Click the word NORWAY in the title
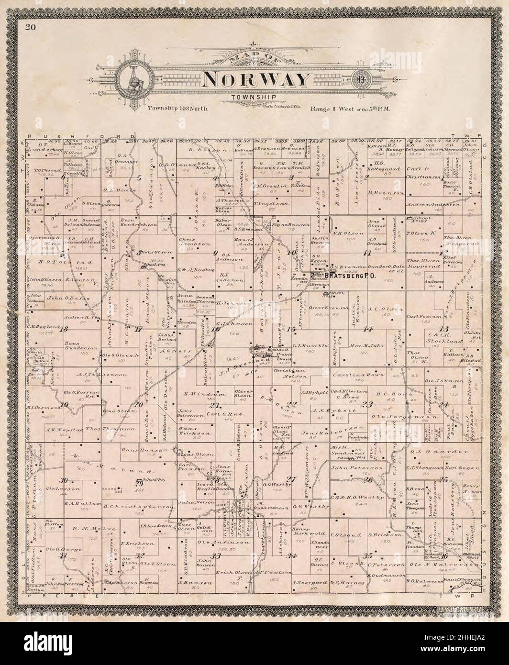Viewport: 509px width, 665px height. (254, 79)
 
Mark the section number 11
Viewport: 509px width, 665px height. (367, 253)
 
